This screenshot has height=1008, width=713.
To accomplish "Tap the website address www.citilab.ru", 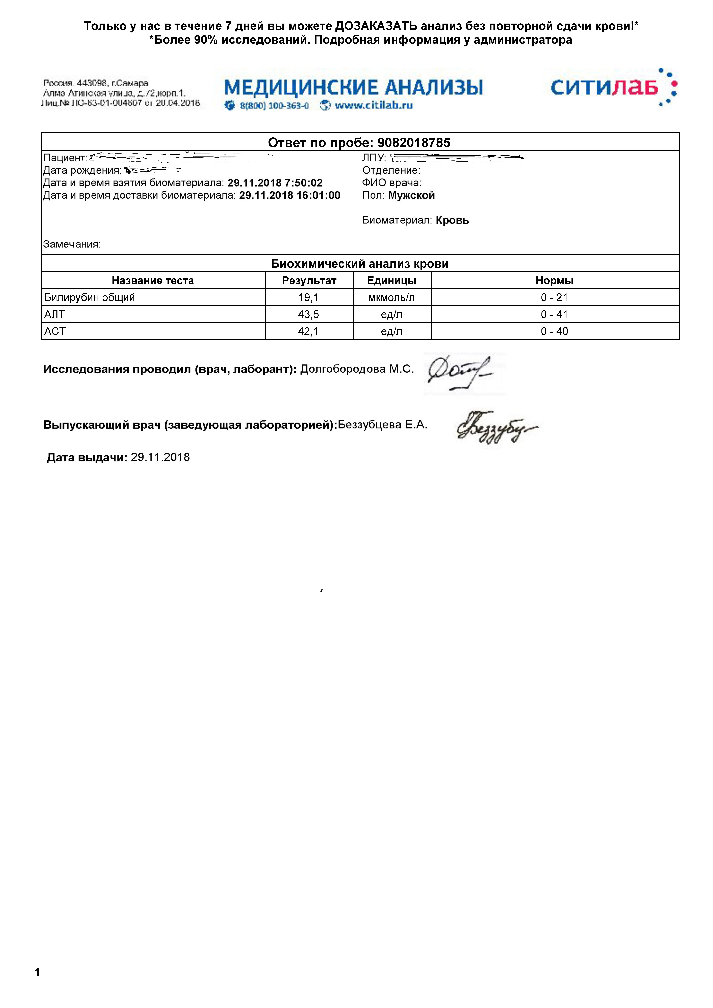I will [x=373, y=105].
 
